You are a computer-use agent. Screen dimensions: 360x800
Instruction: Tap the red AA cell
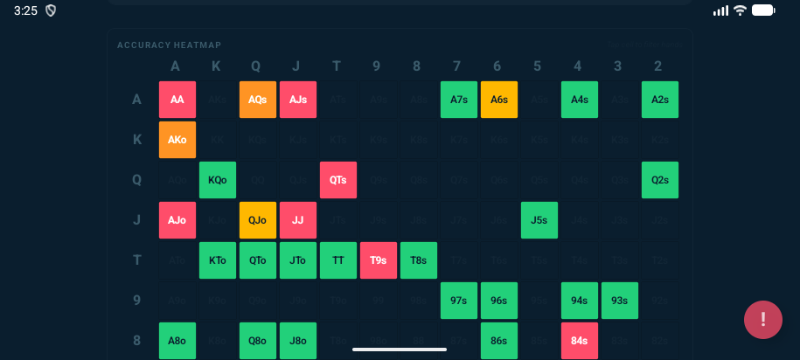(177, 100)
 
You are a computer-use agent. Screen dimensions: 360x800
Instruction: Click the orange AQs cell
(258, 100)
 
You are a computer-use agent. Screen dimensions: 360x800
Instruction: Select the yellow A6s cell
(499, 100)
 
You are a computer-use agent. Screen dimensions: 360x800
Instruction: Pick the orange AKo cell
(177, 140)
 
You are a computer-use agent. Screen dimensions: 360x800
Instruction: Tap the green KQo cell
(218, 180)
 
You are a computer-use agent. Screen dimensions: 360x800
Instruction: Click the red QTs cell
(338, 180)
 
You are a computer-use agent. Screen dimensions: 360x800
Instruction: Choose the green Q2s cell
(660, 180)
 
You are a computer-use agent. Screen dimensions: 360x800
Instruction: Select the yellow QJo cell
(258, 220)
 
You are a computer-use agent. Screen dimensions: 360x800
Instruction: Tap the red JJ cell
(298, 220)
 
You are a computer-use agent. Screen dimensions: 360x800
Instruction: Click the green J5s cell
(539, 220)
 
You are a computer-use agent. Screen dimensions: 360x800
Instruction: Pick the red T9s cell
(379, 260)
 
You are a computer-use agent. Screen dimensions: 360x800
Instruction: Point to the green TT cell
(338, 260)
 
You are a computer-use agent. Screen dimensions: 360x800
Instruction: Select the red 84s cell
(580, 341)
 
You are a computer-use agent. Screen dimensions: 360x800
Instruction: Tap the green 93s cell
(620, 301)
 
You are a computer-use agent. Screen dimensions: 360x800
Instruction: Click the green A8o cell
(177, 341)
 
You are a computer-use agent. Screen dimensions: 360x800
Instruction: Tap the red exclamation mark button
(763, 320)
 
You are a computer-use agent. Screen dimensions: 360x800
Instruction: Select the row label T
(136, 260)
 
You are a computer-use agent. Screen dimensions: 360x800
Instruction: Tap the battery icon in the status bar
(763, 10)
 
